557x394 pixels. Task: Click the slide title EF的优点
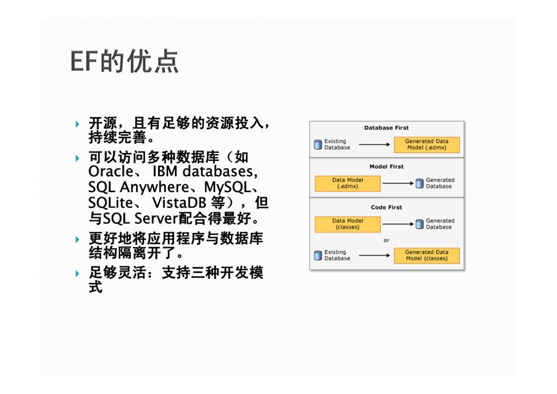click(x=124, y=62)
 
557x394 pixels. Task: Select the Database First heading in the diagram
click(x=386, y=128)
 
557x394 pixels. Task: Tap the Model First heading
click(x=386, y=166)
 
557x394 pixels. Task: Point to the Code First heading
click(x=386, y=207)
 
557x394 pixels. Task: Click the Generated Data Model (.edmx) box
click(x=427, y=144)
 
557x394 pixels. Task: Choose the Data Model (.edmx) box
click(x=347, y=183)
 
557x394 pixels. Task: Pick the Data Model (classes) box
click(x=347, y=224)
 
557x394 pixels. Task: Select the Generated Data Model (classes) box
click(x=427, y=256)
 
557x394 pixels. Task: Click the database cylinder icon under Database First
click(x=318, y=144)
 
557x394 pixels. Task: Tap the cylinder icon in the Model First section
click(x=419, y=183)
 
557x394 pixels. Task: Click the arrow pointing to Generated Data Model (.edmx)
click(x=374, y=144)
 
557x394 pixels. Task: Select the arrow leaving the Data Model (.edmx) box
click(x=398, y=183)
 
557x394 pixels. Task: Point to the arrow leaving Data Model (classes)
click(x=398, y=224)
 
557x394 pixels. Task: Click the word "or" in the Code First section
click(x=386, y=240)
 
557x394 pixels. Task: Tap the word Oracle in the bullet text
click(x=110, y=172)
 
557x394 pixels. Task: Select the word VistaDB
click(x=179, y=203)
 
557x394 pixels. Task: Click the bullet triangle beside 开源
click(x=77, y=124)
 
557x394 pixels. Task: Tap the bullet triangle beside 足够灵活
click(x=77, y=273)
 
